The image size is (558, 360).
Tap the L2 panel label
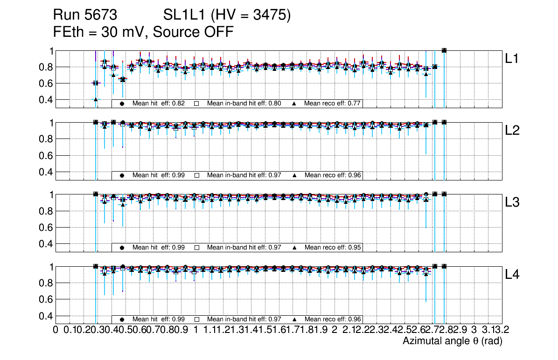(x=513, y=131)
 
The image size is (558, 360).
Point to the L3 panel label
(x=513, y=202)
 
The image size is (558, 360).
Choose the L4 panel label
(x=513, y=275)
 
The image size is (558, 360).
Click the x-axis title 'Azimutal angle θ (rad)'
(x=452, y=341)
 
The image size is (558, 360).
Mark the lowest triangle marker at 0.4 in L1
(x=96, y=99)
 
